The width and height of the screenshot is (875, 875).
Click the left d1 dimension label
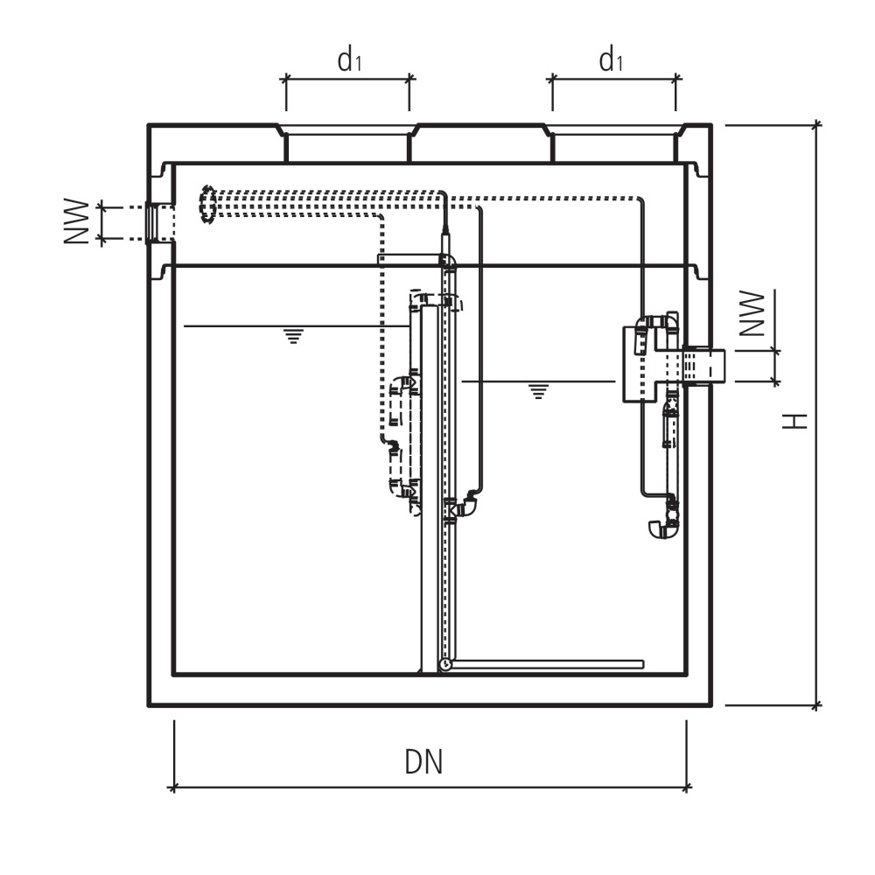349,60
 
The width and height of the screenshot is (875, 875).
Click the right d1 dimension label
611,60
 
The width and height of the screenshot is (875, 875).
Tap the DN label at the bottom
423,762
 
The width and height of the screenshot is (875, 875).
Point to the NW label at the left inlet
78,222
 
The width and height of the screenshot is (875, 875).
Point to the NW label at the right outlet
752,314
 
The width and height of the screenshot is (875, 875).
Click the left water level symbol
293,336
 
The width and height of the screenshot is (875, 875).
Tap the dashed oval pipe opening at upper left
208,205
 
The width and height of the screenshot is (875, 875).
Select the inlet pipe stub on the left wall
157,222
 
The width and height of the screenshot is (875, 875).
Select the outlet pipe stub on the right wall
704,365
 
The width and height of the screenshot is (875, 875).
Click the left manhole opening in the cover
347,144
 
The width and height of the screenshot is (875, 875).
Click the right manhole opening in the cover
613,144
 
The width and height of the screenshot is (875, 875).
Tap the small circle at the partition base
445,665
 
